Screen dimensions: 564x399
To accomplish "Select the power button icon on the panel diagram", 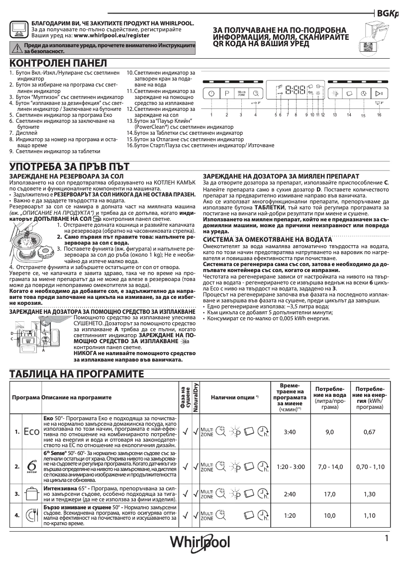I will [x=211, y=93].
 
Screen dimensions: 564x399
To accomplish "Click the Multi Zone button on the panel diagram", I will [x=241, y=93].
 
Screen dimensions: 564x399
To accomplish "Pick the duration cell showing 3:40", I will [x=289, y=432].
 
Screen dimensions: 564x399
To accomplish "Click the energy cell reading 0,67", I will [x=369, y=432].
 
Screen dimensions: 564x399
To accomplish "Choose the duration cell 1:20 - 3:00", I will [x=289, y=467].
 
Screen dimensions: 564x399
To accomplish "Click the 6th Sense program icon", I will [x=31, y=467].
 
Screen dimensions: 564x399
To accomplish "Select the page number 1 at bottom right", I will [x=386, y=538].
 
